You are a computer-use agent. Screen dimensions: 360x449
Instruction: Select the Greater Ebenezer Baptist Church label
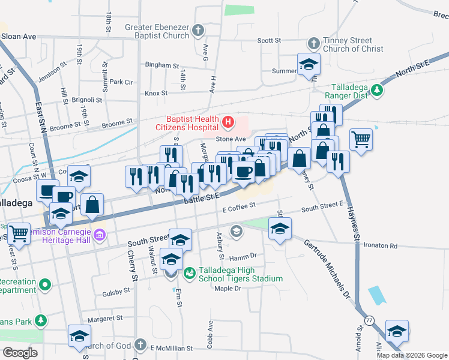click(157, 32)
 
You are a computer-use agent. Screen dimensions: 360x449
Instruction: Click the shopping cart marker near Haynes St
click(361, 140)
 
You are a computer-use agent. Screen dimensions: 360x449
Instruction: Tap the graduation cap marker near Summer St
click(309, 64)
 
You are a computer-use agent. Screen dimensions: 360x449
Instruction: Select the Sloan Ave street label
click(19, 37)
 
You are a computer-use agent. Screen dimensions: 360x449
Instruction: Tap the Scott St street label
click(269, 41)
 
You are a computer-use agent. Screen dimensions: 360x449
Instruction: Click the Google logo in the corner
click(20, 353)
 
